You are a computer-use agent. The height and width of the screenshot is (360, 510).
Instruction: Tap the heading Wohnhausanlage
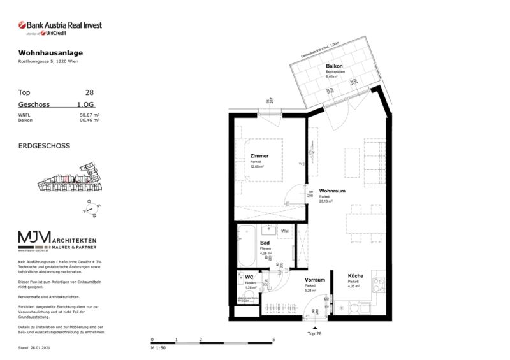pos(50,52)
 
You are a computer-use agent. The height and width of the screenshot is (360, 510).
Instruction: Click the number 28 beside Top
pos(89,92)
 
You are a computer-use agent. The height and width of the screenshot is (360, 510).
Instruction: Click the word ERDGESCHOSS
pos(45,146)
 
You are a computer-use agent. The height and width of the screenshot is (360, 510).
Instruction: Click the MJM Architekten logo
pos(62,241)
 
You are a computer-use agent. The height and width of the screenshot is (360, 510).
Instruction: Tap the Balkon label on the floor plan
pos(335,66)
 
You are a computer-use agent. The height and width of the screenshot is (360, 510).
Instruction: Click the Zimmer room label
pos(259,156)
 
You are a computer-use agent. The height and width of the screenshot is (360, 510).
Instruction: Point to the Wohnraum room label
pos(332,191)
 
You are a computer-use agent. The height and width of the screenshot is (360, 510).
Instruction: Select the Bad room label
pos(265,243)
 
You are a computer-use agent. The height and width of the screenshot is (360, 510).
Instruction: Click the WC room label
pos(249,277)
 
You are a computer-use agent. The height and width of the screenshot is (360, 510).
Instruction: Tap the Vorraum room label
pos(315,280)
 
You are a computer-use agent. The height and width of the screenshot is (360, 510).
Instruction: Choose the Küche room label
pos(356,276)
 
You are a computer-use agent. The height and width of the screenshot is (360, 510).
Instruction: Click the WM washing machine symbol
pos(284,231)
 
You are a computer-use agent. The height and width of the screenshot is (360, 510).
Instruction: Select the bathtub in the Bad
pos(247,246)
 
